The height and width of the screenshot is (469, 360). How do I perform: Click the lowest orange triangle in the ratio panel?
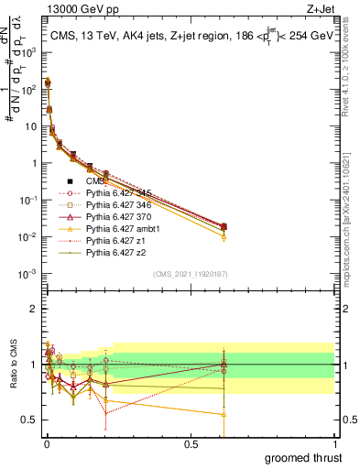224,414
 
